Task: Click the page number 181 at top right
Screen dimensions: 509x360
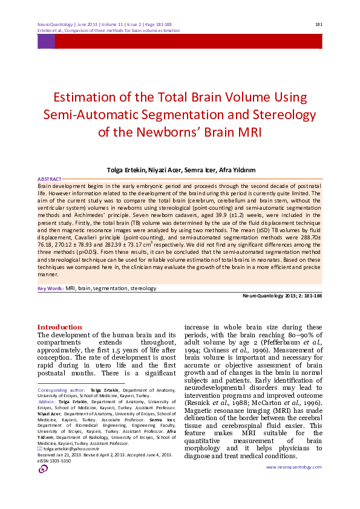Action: pyautogui.click(x=318, y=24)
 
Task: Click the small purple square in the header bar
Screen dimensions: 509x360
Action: pyautogui.click(x=46, y=41)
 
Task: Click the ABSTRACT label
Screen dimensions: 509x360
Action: pyautogui.click(x=49, y=180)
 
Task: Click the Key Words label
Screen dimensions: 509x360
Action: pyautogui.click(x=51, y=289)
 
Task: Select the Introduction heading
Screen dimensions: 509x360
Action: pyautogui.click(x=59, y=326)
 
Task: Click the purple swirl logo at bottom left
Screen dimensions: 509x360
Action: pyautogui.click(x=43, y=469)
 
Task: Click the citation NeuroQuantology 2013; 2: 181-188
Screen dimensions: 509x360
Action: pyautogui.click(x=281, y=296)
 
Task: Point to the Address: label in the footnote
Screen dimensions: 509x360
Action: pyautogui.click(x=47, y=402)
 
